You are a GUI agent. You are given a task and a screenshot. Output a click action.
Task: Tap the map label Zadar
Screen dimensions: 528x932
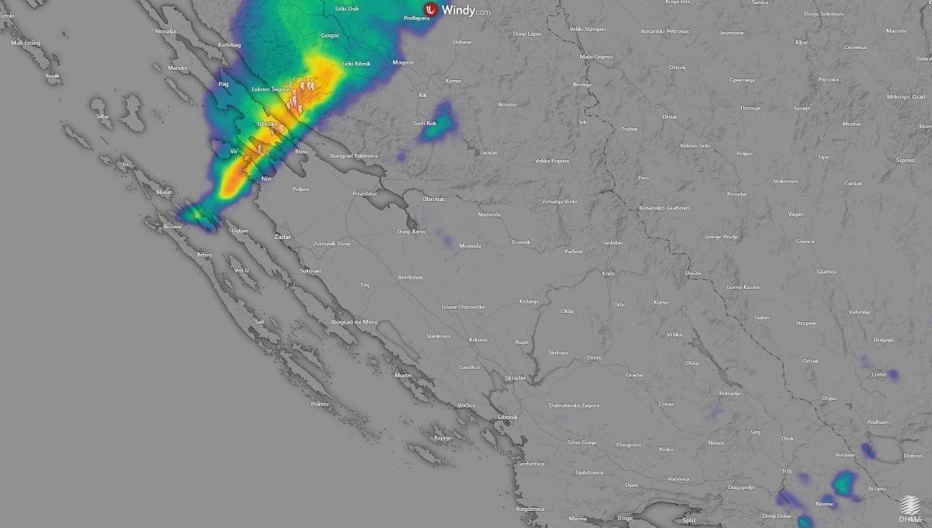(x=283, y=235)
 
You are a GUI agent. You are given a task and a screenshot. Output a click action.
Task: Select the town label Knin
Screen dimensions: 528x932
(x=608, y=273)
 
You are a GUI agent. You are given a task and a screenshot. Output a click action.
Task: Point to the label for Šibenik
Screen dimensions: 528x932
(x=507, y=417)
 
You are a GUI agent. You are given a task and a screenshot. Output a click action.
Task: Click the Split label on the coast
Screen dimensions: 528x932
(x=689, y=520)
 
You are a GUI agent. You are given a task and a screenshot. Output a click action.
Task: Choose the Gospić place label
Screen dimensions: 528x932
(x=330, y=36)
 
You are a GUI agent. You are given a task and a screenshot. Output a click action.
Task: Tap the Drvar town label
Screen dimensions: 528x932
(x=669, y=116)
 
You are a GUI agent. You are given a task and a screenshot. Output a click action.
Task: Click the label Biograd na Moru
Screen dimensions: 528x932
(x=354, y=321)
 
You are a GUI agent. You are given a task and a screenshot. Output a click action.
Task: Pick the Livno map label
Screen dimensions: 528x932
(x=878, y=374)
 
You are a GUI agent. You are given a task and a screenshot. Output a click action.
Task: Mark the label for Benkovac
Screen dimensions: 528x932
(x=410, y=276)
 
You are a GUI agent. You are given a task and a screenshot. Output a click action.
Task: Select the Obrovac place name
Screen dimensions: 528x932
(x=433, y=200)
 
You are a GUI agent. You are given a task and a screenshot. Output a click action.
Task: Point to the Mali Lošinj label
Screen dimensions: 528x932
(x=26, y=43)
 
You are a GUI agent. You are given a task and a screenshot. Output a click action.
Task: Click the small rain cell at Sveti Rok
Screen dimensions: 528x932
(x=437, y=124)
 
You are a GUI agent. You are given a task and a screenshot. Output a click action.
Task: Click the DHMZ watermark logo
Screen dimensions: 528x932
(x=911, y=509)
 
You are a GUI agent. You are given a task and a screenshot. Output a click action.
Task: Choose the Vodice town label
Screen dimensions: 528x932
(x=466, y=405)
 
